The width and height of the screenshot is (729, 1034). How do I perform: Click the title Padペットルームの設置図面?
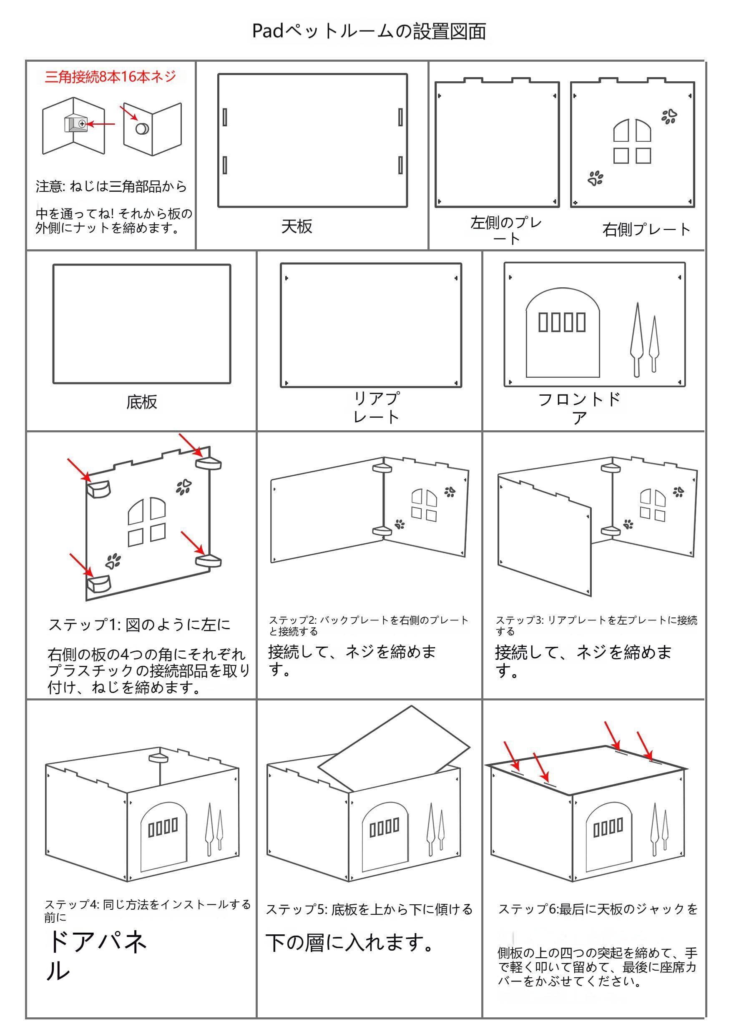click(369, 32)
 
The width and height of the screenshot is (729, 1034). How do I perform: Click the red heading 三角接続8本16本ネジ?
click(111, 77)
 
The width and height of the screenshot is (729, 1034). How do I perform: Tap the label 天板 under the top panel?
click(297, 226)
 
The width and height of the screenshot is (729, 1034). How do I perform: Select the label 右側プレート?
click(646, 230)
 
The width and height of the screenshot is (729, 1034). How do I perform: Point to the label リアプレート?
click(376, 407)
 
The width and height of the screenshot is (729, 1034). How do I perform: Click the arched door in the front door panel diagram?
click(562, 347)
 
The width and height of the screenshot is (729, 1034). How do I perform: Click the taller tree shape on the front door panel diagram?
click(637, 338)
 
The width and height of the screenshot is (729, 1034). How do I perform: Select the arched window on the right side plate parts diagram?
click(632, 130)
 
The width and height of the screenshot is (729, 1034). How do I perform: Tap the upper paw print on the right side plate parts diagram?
click(669, 116)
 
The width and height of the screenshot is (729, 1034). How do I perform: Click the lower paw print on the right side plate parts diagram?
click(595, 178)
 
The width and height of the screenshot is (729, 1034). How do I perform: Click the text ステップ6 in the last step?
click(528, 909)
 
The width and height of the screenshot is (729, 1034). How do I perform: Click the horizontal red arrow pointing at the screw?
click(101, 124)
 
